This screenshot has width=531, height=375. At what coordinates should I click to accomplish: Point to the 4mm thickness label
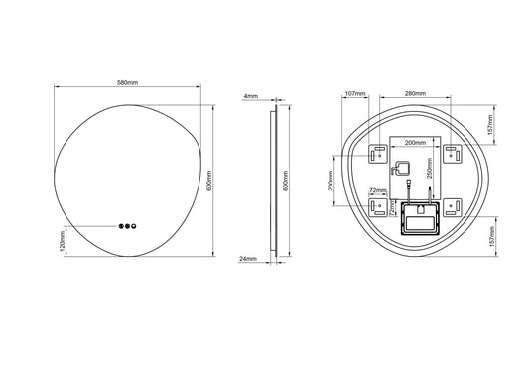250,96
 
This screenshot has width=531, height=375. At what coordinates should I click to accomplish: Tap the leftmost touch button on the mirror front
119,227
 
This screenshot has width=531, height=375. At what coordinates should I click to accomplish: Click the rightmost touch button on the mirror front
135,227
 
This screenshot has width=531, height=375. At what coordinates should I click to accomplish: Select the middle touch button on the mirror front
127,227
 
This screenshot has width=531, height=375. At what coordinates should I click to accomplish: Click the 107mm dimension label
355,94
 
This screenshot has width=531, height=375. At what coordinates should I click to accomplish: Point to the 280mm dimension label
416,94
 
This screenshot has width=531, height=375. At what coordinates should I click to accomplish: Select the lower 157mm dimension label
492,238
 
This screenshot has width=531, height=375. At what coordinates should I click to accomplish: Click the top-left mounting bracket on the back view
378,154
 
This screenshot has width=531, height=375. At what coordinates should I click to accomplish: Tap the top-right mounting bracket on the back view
452,153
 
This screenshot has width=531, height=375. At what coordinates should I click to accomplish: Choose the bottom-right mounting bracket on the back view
452,207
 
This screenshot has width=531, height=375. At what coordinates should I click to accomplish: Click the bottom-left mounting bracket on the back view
378,207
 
